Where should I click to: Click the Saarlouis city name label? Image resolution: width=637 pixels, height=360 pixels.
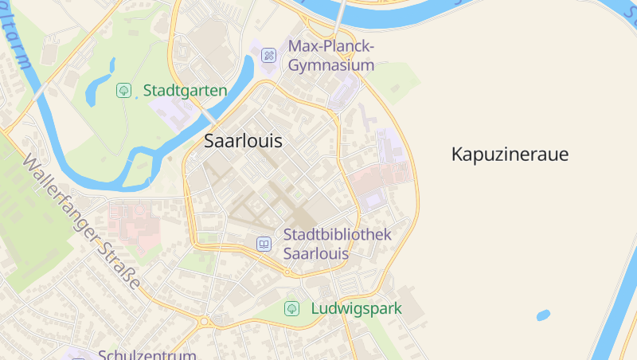243,142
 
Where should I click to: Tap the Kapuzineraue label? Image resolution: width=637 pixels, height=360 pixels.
510,155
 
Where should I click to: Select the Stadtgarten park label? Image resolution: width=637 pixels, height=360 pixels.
185,90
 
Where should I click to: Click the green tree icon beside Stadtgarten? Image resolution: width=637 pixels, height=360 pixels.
123,90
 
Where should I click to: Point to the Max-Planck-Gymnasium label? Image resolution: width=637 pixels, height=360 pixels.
330,55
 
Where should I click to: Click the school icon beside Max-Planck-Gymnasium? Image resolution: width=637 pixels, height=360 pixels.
269,55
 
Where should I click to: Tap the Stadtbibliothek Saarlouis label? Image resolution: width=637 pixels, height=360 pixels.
338,244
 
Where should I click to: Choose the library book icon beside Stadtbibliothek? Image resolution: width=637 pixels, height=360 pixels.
264,244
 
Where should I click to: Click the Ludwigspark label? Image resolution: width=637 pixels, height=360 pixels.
356,308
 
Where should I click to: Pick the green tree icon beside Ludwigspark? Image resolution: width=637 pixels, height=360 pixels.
291,308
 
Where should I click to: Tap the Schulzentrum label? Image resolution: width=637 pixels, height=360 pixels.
147,354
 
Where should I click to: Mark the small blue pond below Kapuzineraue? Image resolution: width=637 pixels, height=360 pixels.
543,315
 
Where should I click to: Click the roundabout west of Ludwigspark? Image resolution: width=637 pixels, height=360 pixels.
205,322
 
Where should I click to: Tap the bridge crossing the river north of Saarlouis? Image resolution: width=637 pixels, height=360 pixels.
341,16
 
